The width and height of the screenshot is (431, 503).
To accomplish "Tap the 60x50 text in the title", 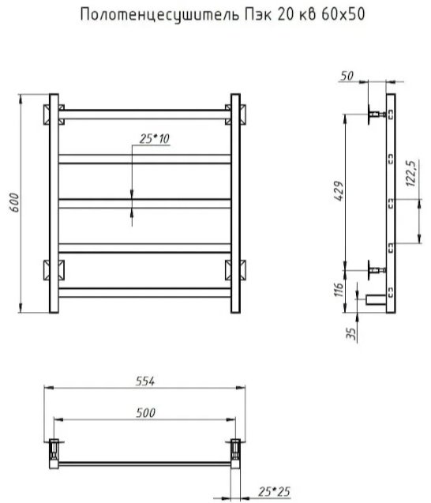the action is point(343,14).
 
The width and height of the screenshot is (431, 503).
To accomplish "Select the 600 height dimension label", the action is point(14,202).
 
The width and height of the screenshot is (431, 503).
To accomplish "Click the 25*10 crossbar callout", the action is point(154,139).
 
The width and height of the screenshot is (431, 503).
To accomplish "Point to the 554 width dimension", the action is point(145,381).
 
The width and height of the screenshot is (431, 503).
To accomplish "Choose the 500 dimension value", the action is point(145,412).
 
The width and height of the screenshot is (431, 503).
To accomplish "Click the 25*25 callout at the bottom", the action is point(274,491).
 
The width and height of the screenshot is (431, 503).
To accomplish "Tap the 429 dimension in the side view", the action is point(339,191).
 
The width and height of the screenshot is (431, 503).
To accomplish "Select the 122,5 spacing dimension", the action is point(410,173).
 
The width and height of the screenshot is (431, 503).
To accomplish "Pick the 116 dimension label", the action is point(339,290).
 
